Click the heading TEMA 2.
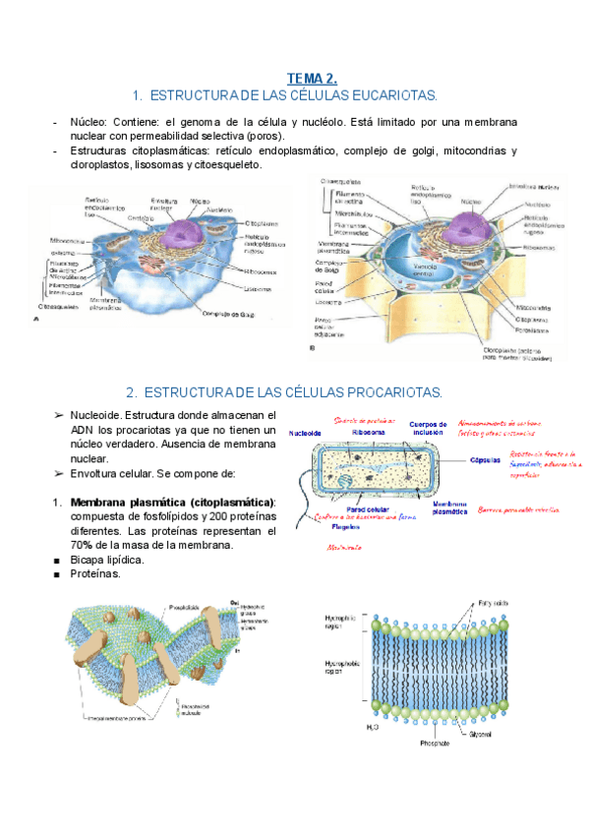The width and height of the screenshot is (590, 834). [312, 78]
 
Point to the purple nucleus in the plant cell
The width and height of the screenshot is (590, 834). [473, 219]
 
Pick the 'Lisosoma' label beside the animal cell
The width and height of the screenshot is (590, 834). [259, 289]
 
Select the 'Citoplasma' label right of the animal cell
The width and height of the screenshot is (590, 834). [261, 224]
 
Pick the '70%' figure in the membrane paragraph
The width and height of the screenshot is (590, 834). [84, 545]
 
